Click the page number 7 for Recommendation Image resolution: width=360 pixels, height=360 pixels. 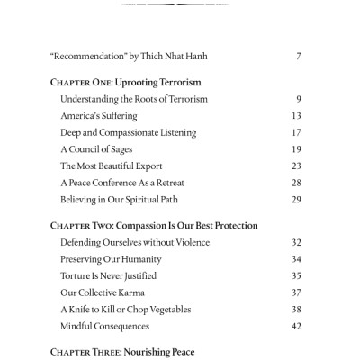[x=298, y=57]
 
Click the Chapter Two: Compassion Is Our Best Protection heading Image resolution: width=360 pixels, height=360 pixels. [x=155, y=225]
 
